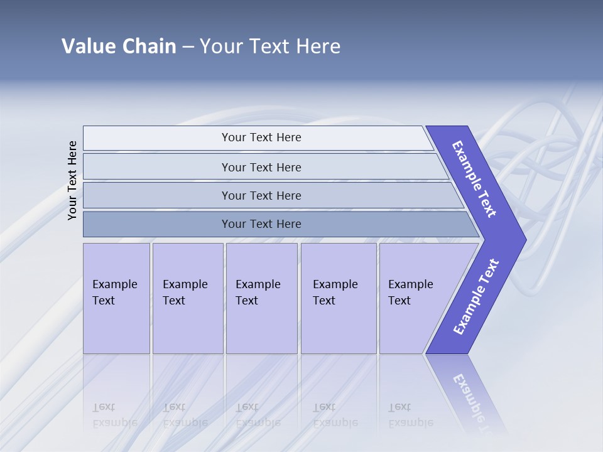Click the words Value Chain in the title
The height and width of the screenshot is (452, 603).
tap(119, 46)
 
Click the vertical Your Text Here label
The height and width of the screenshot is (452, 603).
tap(73, 180)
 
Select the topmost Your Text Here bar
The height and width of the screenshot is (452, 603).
tap(261, 137)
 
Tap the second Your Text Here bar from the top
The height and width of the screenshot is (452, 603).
tap(261, 167)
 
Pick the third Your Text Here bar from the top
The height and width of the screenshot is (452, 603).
tap(261, 195)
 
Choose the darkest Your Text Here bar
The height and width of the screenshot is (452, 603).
tap(261, 224)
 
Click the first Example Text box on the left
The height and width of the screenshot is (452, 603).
tap(116, 298)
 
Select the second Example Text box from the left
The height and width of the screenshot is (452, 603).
tap(187, 298)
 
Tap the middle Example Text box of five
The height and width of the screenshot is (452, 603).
tap(261, 298)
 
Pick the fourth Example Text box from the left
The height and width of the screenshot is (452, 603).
tap(338, 298)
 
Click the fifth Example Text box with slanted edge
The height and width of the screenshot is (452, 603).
tap(415, 298)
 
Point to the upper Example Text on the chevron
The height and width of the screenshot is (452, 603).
tap(475, 179)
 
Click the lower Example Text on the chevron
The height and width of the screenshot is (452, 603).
tap(476, 297)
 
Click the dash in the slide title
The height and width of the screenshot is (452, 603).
tap(188, 46)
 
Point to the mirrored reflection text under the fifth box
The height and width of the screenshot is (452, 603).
tap(410, 415)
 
